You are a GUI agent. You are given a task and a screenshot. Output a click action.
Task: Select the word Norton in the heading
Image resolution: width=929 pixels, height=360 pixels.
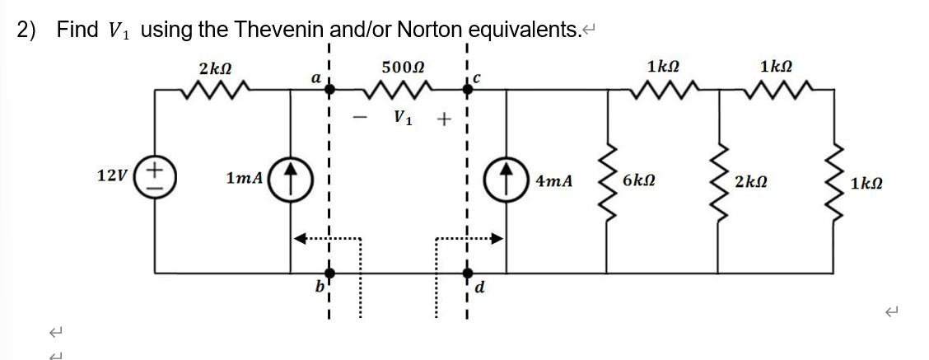pyautogui.click(x=431, y=30)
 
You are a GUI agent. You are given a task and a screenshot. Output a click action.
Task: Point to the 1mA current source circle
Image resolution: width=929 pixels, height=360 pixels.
pyautogui.click(x=289, y=177)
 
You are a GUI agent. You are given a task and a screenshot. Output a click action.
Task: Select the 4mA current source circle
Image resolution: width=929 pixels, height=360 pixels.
pyautogui.click(x=505, y=177)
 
